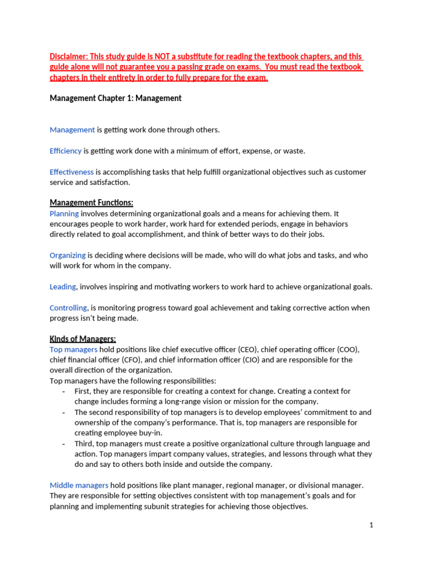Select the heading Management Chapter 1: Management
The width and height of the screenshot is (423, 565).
click(116, 98)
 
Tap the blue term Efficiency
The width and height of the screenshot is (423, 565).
click(66, 151)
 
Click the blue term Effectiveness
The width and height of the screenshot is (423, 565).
click(72, 172)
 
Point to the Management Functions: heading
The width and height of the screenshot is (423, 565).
click(91, 203)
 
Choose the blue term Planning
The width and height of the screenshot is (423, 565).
click(64, 214)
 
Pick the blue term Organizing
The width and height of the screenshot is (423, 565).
click(68, 255)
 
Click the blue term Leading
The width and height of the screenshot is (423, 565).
click(63, 287)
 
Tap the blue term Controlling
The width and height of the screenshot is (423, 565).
click(68, 308)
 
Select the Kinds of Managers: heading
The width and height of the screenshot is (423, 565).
click(83, 339)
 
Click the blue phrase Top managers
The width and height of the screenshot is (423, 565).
click(74, 349)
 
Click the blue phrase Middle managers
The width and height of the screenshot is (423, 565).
click(79, 486)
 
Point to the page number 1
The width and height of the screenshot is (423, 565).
click(372, 526)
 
